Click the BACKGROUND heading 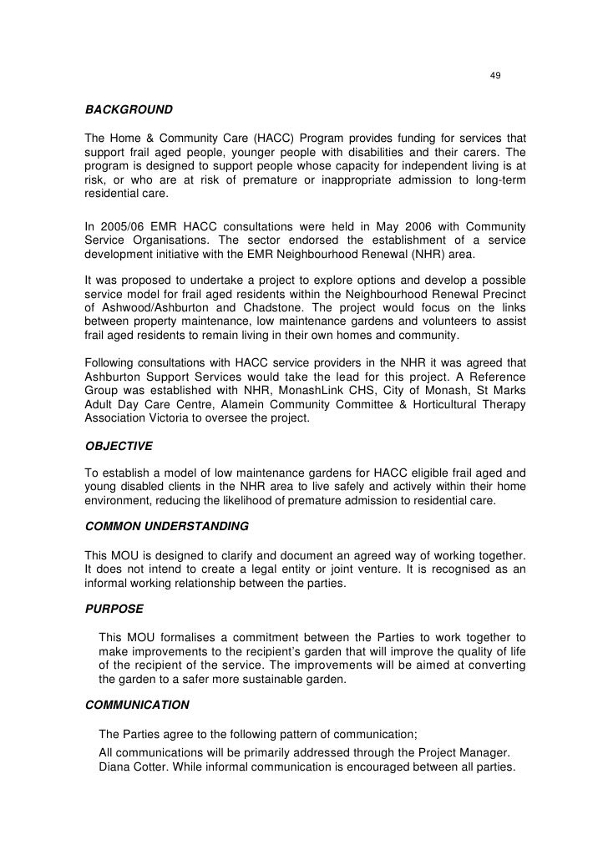(x=129, y=109)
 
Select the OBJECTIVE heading (x=119, y=446)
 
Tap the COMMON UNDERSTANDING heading (x=167, y=527)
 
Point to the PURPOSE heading (x=114, y=609)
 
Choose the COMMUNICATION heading (x=138, y=704)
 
